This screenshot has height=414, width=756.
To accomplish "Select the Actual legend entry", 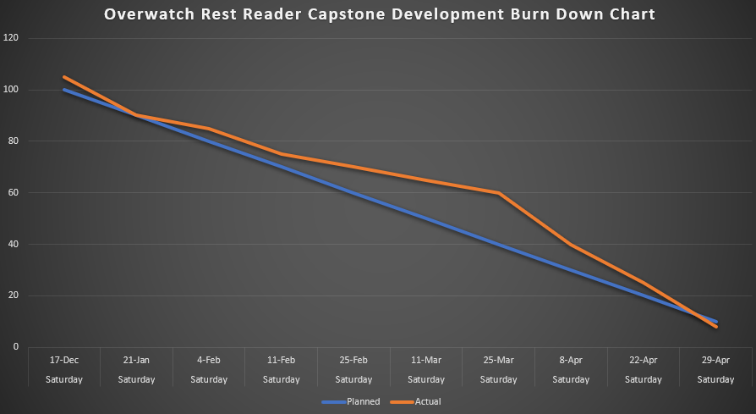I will [428, 401].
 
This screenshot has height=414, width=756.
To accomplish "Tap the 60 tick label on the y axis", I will [14, 192].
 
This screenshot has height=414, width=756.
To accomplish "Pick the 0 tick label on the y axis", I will [16, 346].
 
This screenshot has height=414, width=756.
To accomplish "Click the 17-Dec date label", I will [64, 360].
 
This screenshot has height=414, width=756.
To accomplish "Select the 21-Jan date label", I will [137, 360].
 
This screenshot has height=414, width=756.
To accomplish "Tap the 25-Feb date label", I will [354, 360].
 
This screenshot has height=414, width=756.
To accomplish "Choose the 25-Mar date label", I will [499, 360].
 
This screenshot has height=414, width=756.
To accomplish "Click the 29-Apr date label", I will [716, 360].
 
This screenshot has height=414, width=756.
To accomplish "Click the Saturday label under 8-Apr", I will [572, 379].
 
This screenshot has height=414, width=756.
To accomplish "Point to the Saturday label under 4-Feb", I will [210, 379].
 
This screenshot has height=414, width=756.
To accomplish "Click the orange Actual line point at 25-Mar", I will [499, 192].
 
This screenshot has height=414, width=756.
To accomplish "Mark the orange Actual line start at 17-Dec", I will [64, 77].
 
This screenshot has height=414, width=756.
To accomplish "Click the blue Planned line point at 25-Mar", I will [499, 244].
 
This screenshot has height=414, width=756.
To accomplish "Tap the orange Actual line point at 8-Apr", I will [572, 244].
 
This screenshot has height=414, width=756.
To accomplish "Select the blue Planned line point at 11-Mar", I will [427, 218].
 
